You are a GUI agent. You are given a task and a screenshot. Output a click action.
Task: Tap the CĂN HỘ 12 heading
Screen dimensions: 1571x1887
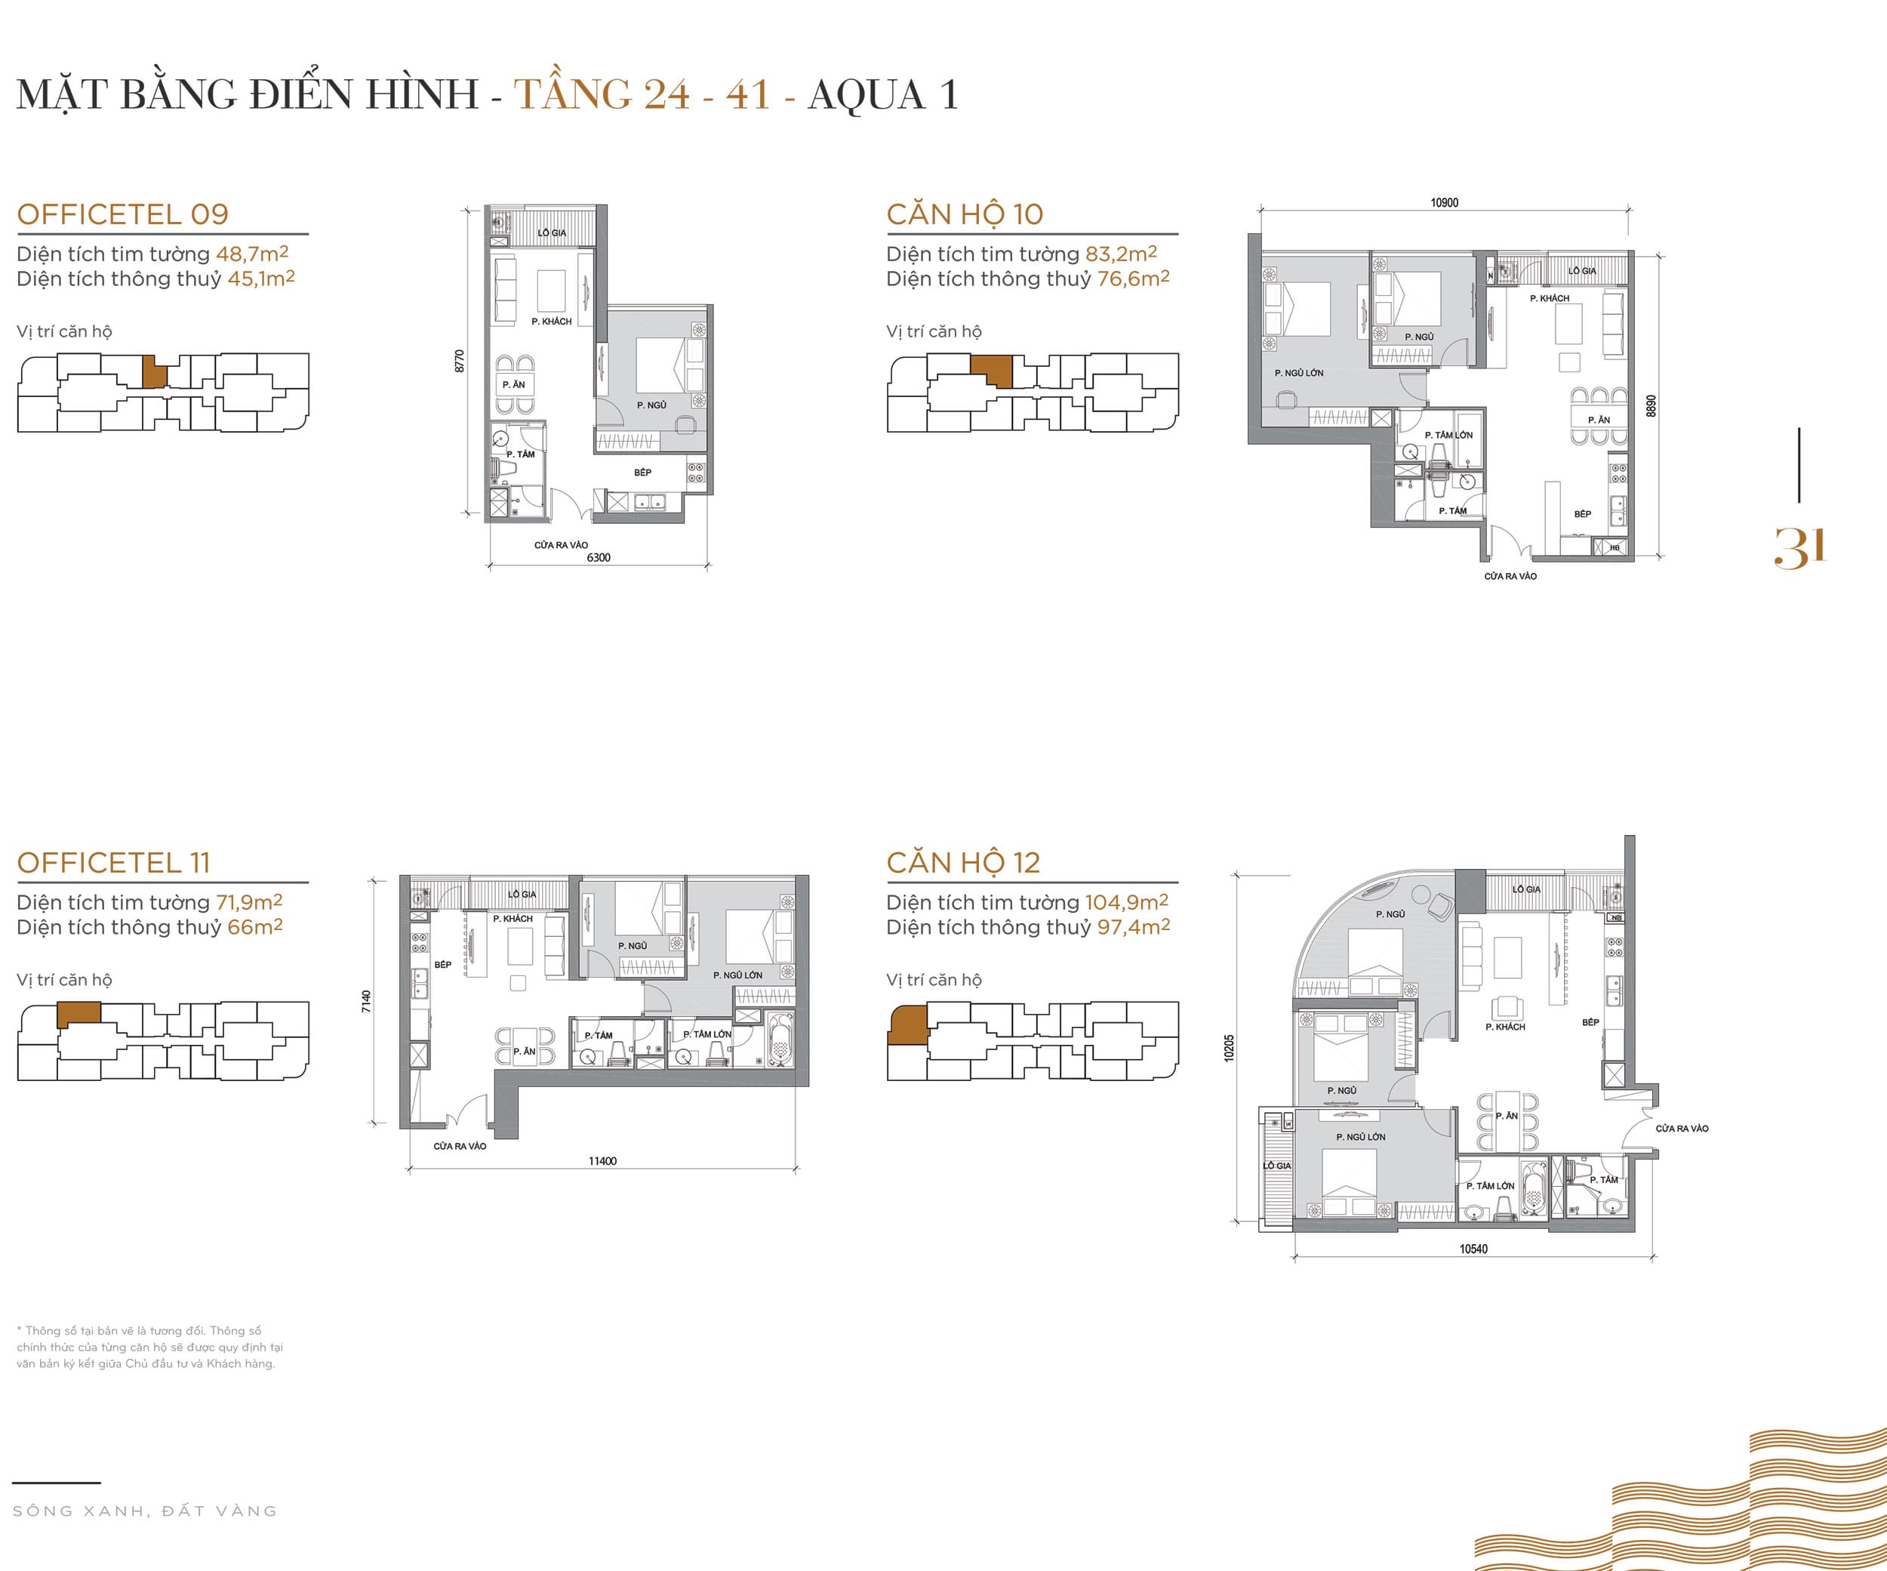tap(962, 862)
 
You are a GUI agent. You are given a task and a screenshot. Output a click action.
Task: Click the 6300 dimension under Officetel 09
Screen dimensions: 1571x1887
tap(599, 557)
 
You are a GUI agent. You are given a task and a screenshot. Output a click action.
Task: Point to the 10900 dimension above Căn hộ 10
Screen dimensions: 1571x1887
tap(1444, 203)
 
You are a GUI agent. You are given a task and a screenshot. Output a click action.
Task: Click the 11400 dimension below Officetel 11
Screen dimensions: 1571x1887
tap(602, 1160)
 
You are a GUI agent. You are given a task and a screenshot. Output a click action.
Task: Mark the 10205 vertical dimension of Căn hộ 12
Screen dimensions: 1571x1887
tap(1230, 1048)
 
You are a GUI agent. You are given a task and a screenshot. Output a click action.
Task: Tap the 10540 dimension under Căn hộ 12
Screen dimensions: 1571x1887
tap(1473, 1249)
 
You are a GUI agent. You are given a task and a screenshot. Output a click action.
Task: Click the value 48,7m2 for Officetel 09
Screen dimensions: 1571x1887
tap(251, 254)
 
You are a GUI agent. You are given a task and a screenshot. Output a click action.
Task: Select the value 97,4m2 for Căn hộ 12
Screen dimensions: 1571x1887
tap(1132, 926)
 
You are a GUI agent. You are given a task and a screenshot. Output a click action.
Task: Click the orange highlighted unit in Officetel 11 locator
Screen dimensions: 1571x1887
tap(78, 1015)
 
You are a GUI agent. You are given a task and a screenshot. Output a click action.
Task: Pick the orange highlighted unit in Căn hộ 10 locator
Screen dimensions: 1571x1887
tap(991, 368)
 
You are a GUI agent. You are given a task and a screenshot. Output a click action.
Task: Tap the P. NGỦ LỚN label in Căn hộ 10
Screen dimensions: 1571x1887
tap(1298, 372)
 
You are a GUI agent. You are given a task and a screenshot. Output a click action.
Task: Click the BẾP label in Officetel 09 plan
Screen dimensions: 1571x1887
tap(642, 472)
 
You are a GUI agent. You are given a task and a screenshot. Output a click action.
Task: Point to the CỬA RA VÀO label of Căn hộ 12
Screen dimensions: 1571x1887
tap(1682, 1128)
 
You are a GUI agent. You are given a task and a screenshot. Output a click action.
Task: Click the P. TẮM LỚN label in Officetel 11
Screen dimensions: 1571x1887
tap(707, 1034)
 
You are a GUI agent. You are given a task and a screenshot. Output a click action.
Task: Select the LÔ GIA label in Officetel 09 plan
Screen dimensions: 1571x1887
tap(552, 233)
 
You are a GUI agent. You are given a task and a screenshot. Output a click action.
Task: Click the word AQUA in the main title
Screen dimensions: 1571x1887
tap(867, 94)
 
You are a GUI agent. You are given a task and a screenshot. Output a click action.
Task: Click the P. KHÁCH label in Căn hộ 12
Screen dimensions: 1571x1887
tap(1505, 1027)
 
